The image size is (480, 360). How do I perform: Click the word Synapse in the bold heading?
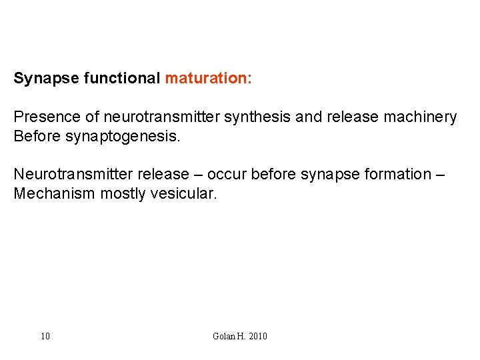47,79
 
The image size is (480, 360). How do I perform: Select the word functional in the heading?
122,79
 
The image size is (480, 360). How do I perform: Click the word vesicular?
184,194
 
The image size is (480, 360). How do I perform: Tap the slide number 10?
45,336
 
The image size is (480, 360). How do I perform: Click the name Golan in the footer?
225,336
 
